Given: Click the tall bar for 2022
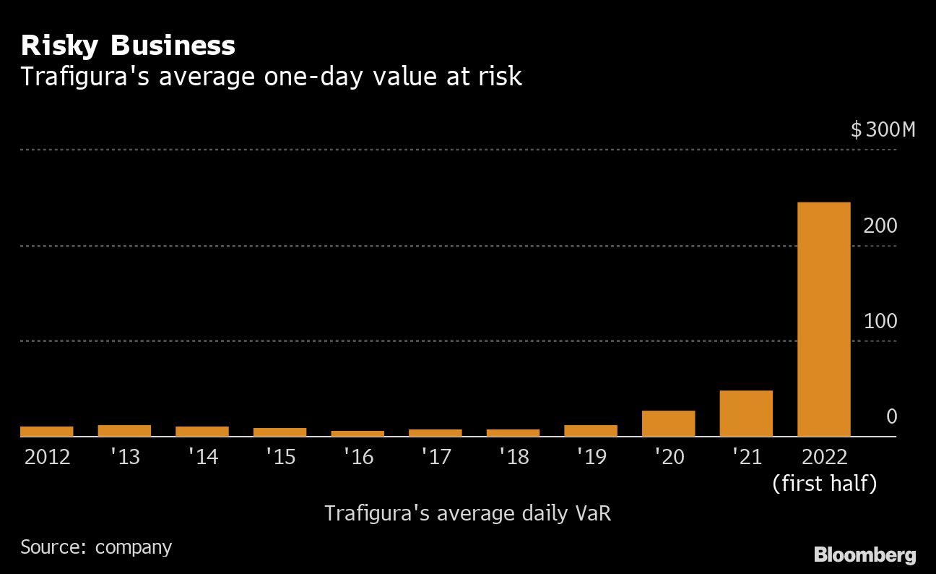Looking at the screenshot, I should point(823,319).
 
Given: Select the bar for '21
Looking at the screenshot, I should point(746,413).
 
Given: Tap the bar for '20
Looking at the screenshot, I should point(668,423).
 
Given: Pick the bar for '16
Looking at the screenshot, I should point(357,433).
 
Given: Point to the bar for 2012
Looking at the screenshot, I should point(47,431).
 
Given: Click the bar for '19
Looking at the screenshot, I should point(591,430).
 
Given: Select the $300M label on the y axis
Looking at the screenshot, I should point(883,130).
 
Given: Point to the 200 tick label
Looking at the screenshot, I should point(880,226).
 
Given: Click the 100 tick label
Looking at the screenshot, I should point(880,321).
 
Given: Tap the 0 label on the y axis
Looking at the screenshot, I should point(891,416).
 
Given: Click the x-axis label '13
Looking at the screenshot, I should point(124,457).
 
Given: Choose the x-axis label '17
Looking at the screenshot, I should point(435,457).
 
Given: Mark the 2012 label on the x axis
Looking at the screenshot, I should point(47,457).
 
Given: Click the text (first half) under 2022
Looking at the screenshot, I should point(824,483).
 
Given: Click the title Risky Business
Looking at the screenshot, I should point(128,46).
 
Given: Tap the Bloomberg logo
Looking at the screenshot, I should point(864,554).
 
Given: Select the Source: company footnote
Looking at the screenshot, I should point(96,547).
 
